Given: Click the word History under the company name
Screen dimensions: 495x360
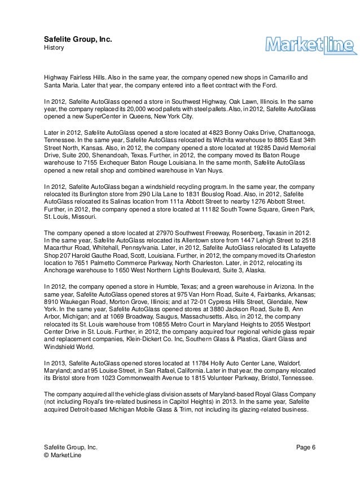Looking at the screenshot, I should tap(55, 48).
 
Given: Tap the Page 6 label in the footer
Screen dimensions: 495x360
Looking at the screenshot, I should tap(305, 448).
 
